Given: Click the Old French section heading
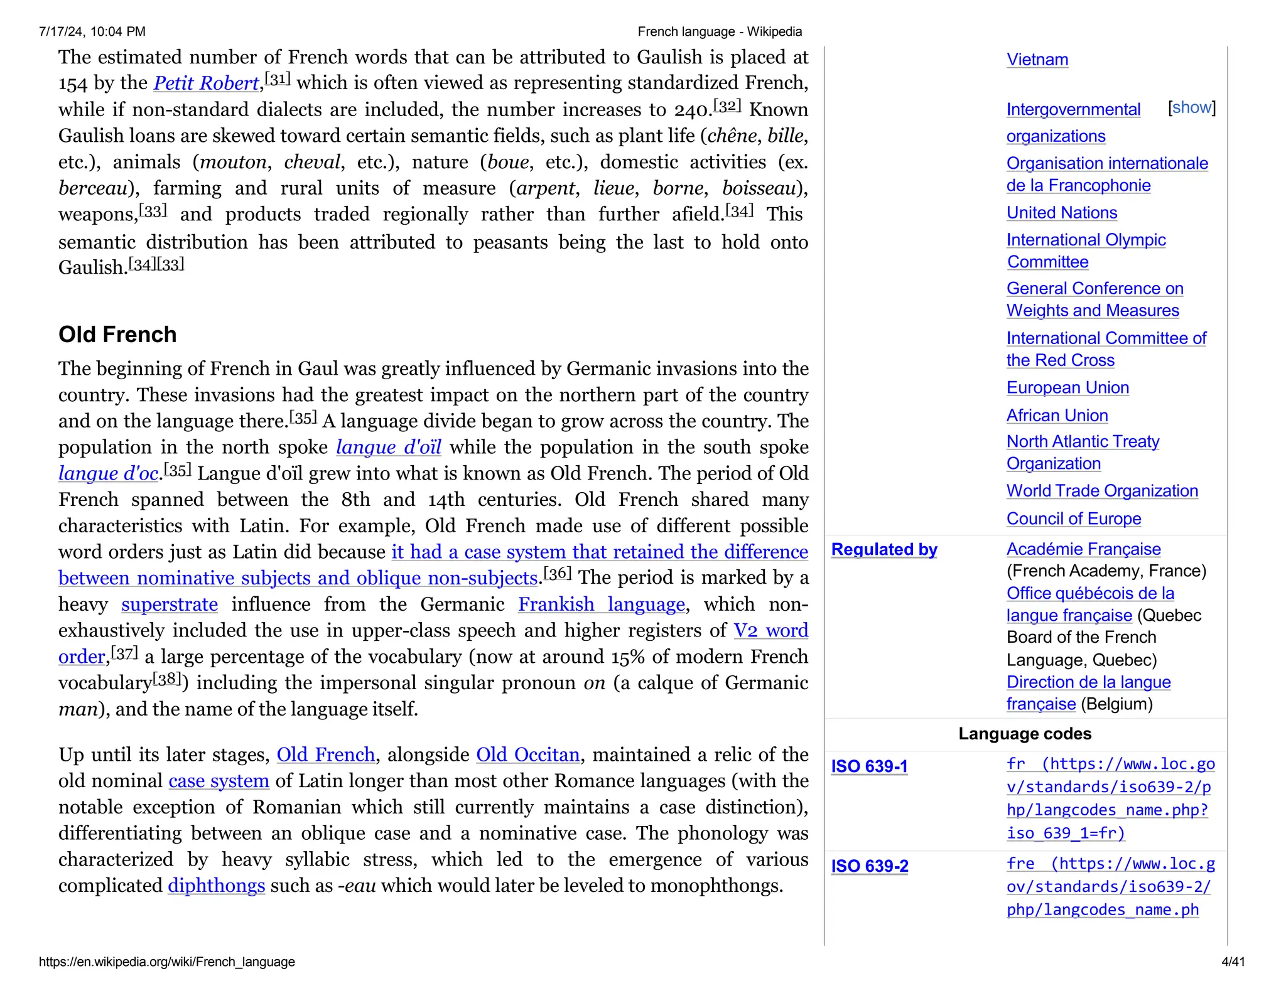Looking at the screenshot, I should point(117,335).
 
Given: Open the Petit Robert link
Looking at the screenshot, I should point(205,83).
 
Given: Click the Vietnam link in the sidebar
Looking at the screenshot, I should point(1037,60).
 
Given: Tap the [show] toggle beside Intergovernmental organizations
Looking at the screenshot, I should point(1191,108).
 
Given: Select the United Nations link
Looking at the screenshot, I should point(1061,213).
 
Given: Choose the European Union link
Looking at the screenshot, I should point(1067,388).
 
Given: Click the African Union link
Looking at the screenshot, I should point(1057,416).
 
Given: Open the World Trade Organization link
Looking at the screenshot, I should point(1101,491).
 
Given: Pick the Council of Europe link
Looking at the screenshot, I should point(1073,519).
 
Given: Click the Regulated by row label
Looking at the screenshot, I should point(883,550).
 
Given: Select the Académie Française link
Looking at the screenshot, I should point(1083,549).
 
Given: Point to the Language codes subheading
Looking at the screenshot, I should point(1024,734).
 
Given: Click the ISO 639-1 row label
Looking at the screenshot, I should point(869,766).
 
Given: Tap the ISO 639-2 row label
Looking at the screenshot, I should point(869,866).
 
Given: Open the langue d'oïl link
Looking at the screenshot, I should point(388,447).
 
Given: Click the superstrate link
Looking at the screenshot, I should point(170,604).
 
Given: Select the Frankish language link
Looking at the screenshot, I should point(601,604).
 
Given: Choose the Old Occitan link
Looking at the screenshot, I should point(527,754).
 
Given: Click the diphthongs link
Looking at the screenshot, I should point(216,886).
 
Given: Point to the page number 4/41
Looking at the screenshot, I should point(1233,962).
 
